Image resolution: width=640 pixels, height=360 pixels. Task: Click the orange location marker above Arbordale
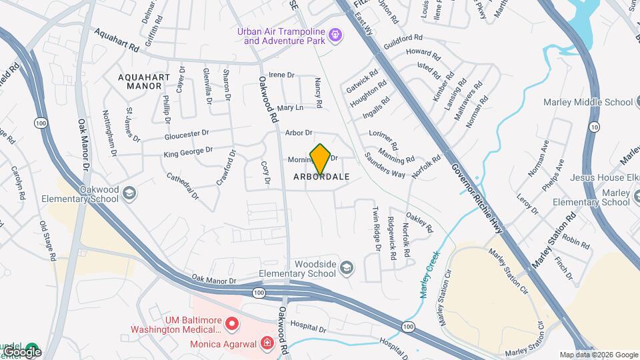(x=320, y=159)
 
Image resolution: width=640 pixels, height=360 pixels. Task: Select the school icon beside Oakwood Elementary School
(x=130, y=193)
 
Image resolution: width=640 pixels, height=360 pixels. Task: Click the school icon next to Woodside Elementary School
(x=346, y=268)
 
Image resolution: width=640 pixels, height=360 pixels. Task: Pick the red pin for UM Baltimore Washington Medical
(x=232, y=325)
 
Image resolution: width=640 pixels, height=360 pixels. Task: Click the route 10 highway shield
(x=594, y=127)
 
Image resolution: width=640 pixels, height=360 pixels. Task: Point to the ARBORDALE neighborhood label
(x=321, y=177)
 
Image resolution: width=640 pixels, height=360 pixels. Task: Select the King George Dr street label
(x=188, y=153)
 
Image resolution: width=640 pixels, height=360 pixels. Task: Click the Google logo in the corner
(x=21, y=351)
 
